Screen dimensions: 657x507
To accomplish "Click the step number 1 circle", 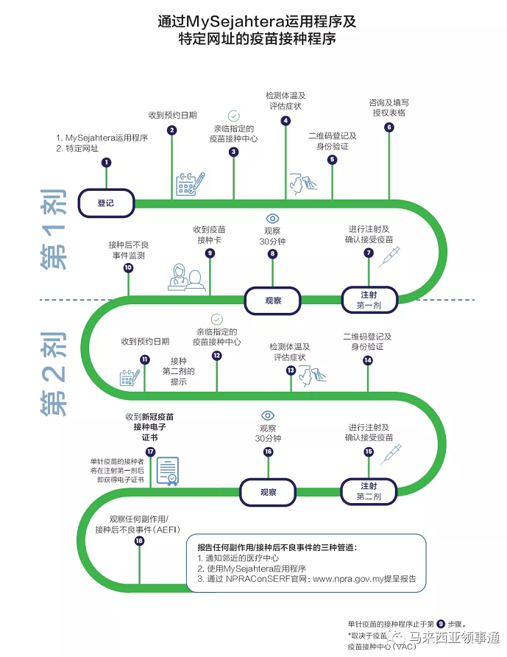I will tap(107, 162).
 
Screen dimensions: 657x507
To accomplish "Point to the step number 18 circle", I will tap(139, 541).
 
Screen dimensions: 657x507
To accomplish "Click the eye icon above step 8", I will tap(272, 219).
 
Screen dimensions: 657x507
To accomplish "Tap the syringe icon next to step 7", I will tap(389, 256).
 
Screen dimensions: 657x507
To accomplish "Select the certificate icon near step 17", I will tap(167, 471).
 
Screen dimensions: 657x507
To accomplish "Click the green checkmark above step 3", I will tap(233, 116).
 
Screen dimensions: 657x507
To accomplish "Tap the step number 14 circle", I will tap(368, 360).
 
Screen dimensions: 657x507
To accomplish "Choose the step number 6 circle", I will tap(389, 127).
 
